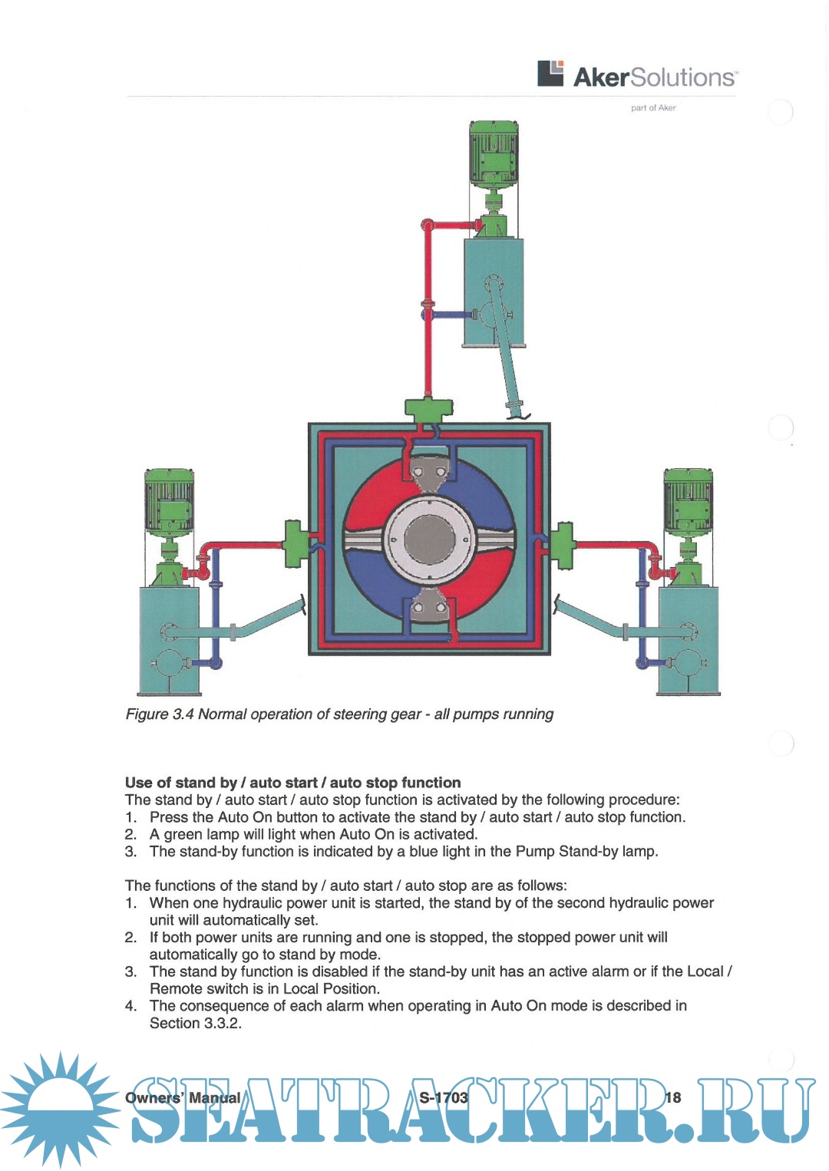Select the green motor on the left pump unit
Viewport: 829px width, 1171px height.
coord(170,503)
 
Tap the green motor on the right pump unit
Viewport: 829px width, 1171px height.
coord(688,503)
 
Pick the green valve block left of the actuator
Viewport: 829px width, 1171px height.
coord(295,543)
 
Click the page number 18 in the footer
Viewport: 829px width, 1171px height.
coord(672,1097)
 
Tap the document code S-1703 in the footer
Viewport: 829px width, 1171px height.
coord(444,1097)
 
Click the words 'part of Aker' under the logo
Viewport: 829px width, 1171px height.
coord(653,108)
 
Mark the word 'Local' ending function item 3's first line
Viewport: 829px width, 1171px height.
coord(705,971)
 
